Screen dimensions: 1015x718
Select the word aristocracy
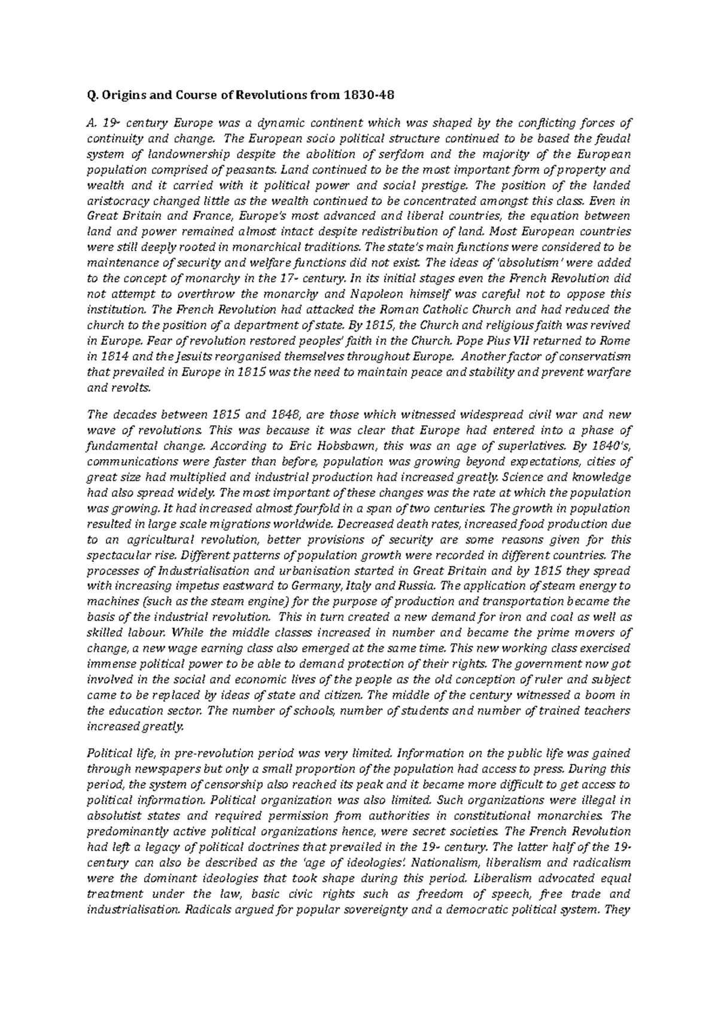tap(115, 201)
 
